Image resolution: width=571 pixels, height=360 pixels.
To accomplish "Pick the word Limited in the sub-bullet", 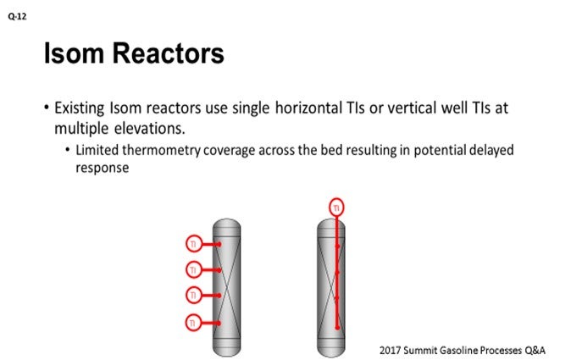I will tap(97, 150).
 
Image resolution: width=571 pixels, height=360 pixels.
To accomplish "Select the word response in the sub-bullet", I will tap(100, 167).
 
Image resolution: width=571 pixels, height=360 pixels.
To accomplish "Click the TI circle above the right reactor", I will tap(337, 207).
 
